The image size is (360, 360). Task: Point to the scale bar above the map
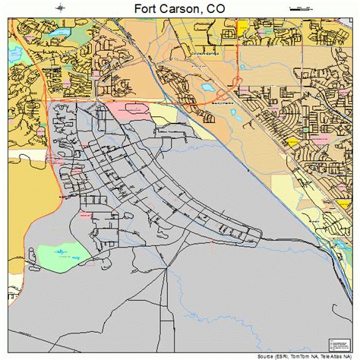tap(300, 7)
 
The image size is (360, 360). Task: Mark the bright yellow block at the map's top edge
tap(242, 25)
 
